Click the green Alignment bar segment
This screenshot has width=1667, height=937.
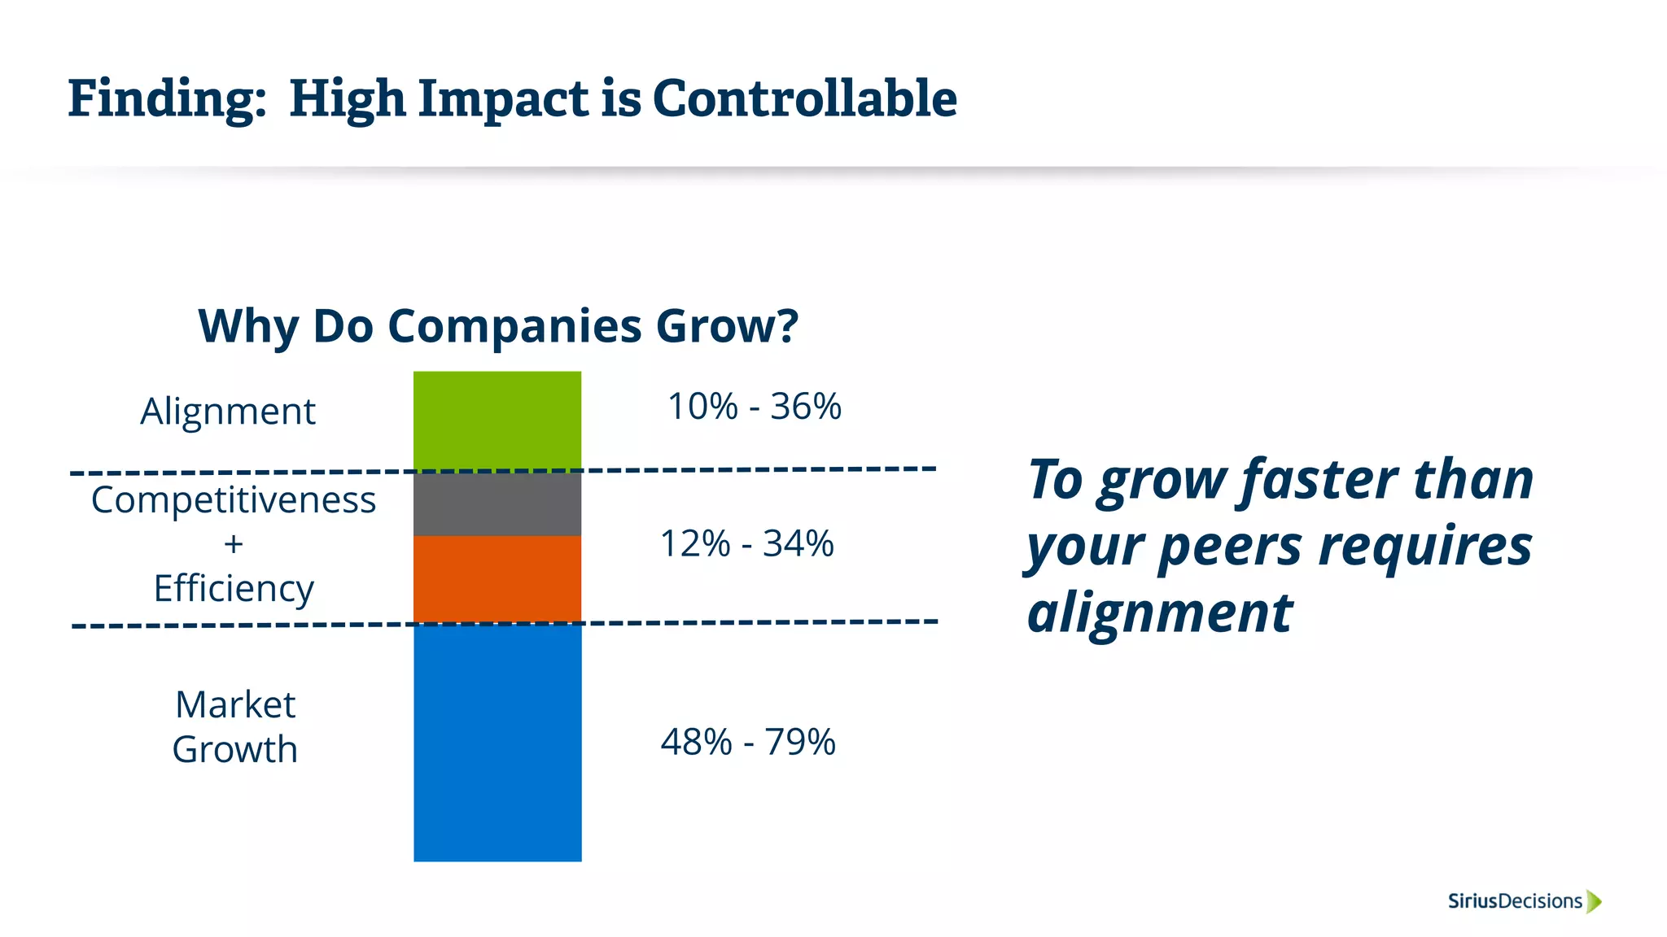pos(497,421)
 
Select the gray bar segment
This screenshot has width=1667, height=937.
pos(497,503)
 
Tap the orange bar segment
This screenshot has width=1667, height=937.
pos(497,578)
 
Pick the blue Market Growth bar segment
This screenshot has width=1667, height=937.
pos(497,742)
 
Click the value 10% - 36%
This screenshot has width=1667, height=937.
pos(754,406)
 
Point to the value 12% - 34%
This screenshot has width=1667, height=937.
pos(746,543)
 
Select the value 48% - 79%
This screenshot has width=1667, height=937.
pos(747,742)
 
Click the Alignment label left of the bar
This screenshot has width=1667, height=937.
pos(228,412)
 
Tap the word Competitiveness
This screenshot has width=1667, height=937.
pos(234,500)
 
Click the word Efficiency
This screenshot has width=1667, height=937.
pos(234,588)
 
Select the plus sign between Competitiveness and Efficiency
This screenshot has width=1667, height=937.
pos(234,544)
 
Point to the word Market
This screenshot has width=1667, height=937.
pos(235,704)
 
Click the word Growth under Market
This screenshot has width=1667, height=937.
pos(235,749)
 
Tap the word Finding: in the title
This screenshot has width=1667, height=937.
pos(167,99)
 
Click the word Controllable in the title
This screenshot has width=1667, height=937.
pos(804,99)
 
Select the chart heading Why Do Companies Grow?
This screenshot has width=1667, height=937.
pos(498,326)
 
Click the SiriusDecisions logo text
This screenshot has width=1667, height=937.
pos(1515,901)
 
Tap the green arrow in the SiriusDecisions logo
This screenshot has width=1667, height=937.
pos(1594,901)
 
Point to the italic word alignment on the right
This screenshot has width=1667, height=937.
pos(1159,612)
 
